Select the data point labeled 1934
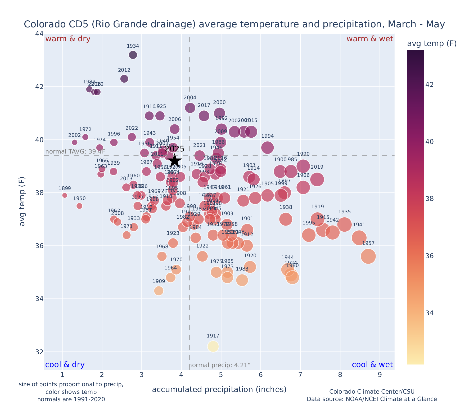[x=133, y=55]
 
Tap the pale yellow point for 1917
[x=213, y=346]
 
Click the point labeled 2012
[x=124, y=79]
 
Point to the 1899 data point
[x=65, y=195]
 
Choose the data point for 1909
[x=159, y=291]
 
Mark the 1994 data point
[x=268, y=147]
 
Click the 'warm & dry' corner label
[x=68, y=39]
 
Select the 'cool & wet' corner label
[x=372, y=365]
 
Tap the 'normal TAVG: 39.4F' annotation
[x=75, y=152]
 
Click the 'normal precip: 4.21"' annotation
[x=219, y=365]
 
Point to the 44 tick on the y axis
[x=39, y=34]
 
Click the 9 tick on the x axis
[x=380, y=375]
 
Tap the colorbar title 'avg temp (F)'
[x=432, y=44]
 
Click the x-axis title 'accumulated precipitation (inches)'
[x=219, y=389]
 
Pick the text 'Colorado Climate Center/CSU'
[x=372, y=391]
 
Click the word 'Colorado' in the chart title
[x=40, y=24]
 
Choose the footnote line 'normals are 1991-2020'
[x=71, y=399]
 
